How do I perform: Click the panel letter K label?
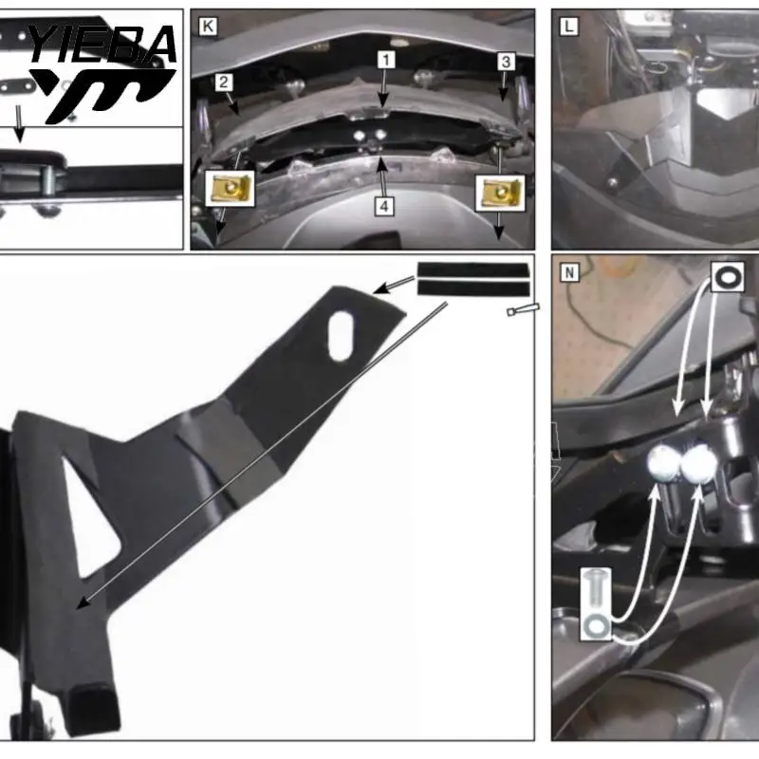coord(208,27)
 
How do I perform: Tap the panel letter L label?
coord(568,27)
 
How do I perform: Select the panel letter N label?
coord(569,273)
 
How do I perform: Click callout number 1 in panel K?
coord(386,60)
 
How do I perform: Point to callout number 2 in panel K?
coord(223,83)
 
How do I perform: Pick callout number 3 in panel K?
coord(506,62)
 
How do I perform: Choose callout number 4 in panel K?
coord(384,207)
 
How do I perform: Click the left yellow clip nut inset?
coord(230,189)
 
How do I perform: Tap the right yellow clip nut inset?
coord(500,194)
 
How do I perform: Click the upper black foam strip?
coord(473,269)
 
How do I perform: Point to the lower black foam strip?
coord(473,288)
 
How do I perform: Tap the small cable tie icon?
coord(523,310)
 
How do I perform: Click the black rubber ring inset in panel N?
coord(728,277)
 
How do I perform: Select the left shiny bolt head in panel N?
coord(663,463)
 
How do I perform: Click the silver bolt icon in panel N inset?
coord(596,589)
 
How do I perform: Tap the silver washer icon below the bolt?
coord(596,625)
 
